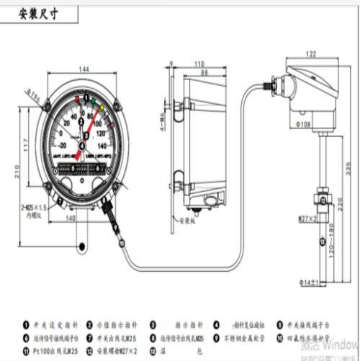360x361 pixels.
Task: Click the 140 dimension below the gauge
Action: click(x=71, y=216)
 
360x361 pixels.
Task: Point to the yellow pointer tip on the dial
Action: click(x=107, y=109)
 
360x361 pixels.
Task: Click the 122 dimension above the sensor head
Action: click(x=311, y=53)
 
